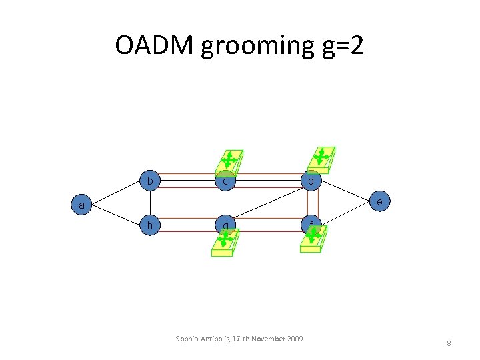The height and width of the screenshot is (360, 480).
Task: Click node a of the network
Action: pos(81,205)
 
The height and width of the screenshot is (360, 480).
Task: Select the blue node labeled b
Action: pos(150,181)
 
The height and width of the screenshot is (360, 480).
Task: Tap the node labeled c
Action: pos(226,181)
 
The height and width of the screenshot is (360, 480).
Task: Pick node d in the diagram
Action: pos(311,181)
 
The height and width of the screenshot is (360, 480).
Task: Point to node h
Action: pos(150,225)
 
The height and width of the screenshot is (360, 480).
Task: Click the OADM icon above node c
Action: pos(229,161)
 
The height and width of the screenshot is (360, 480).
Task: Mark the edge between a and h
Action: pos(117,215)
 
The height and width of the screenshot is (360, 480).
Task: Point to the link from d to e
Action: pos(345,191)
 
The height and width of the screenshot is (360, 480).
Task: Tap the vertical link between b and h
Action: pos(150,203)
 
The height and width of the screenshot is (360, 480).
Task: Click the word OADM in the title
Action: pos(154,45)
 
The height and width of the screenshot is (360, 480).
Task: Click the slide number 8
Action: pos(449,343)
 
